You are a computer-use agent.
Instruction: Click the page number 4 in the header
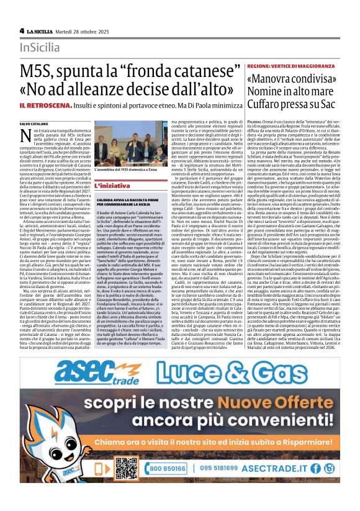(22, 30)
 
